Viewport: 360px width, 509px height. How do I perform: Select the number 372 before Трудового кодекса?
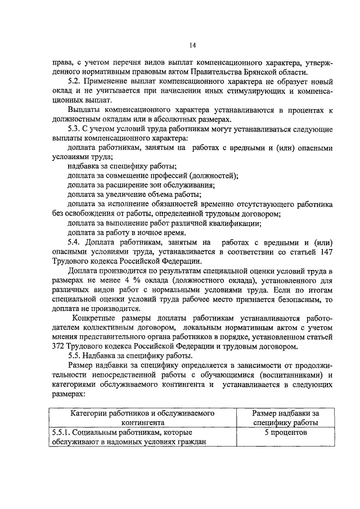click(x=58, y=346)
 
